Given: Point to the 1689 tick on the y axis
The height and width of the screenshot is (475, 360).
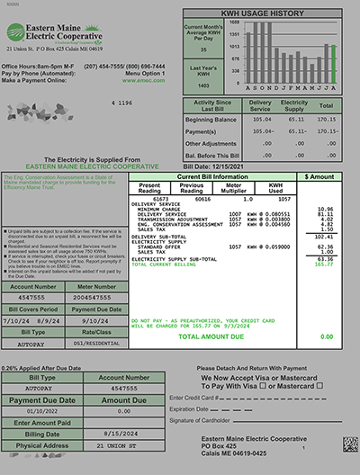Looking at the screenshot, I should pyautogui.click(x=234, y=21).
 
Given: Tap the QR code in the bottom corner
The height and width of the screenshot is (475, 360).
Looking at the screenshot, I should pyautogui.click(x=349, y=444).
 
